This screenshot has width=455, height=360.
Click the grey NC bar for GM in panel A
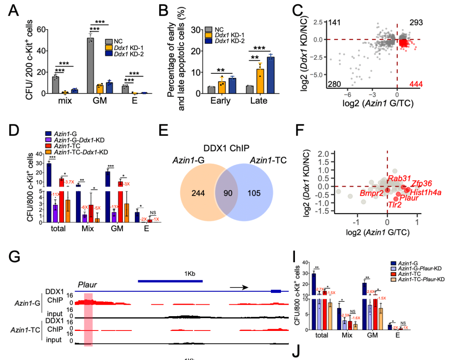pos(90,65)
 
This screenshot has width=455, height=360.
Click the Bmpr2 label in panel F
pos(371,193)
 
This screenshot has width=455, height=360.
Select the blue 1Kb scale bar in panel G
pos(170,280)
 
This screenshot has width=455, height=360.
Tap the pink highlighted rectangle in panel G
pos(88,320)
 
